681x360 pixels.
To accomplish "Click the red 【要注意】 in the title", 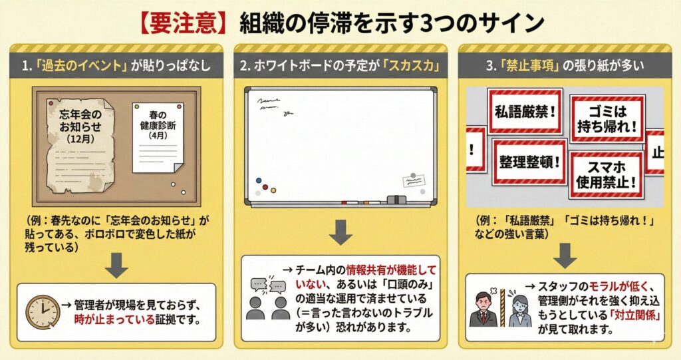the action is pyautogui.click(x=184, y=23).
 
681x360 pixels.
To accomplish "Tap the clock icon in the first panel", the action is pyautogui.click(x=43, y=312).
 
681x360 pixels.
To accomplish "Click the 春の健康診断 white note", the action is pyautogui.click(x=157, y=138).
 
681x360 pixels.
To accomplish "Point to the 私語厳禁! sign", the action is pyautogui.click(x=525, y=111).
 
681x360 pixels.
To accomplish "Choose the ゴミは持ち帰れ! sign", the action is pyautogui.click(x=607, y=118).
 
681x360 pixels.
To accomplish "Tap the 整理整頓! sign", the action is pyautogui.click(x=529, y=162).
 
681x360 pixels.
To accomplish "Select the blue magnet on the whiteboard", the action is pyautogui.click(x=259, y=180).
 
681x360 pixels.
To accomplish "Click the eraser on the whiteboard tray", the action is pyautogui.click(x=396, y=200).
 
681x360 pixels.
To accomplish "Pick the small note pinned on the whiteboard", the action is pyautogui.click(x=413, y=180).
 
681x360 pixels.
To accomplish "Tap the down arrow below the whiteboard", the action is pyautogui.click(x=340, y=232).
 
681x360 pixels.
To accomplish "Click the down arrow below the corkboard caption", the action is pyautogui.click(x=116, y=265).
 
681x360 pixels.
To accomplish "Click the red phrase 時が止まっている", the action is pyautogui.click(x=114, y=319).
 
